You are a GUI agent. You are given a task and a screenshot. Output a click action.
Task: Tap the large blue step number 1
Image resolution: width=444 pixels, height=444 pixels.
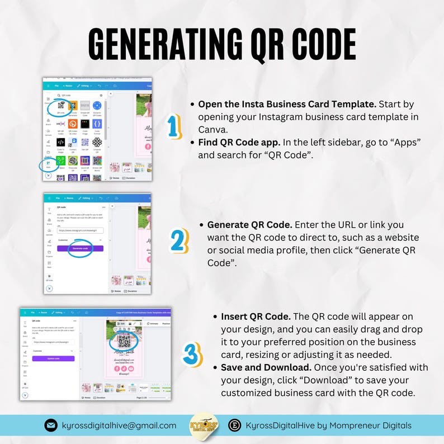[175, 126]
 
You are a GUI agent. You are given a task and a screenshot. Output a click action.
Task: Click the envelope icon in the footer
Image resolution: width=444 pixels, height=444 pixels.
[51, 426]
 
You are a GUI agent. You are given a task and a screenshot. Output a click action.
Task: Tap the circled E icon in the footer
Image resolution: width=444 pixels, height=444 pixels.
[235, 426]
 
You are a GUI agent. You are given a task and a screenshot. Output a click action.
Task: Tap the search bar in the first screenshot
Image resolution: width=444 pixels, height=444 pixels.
[78, 95]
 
